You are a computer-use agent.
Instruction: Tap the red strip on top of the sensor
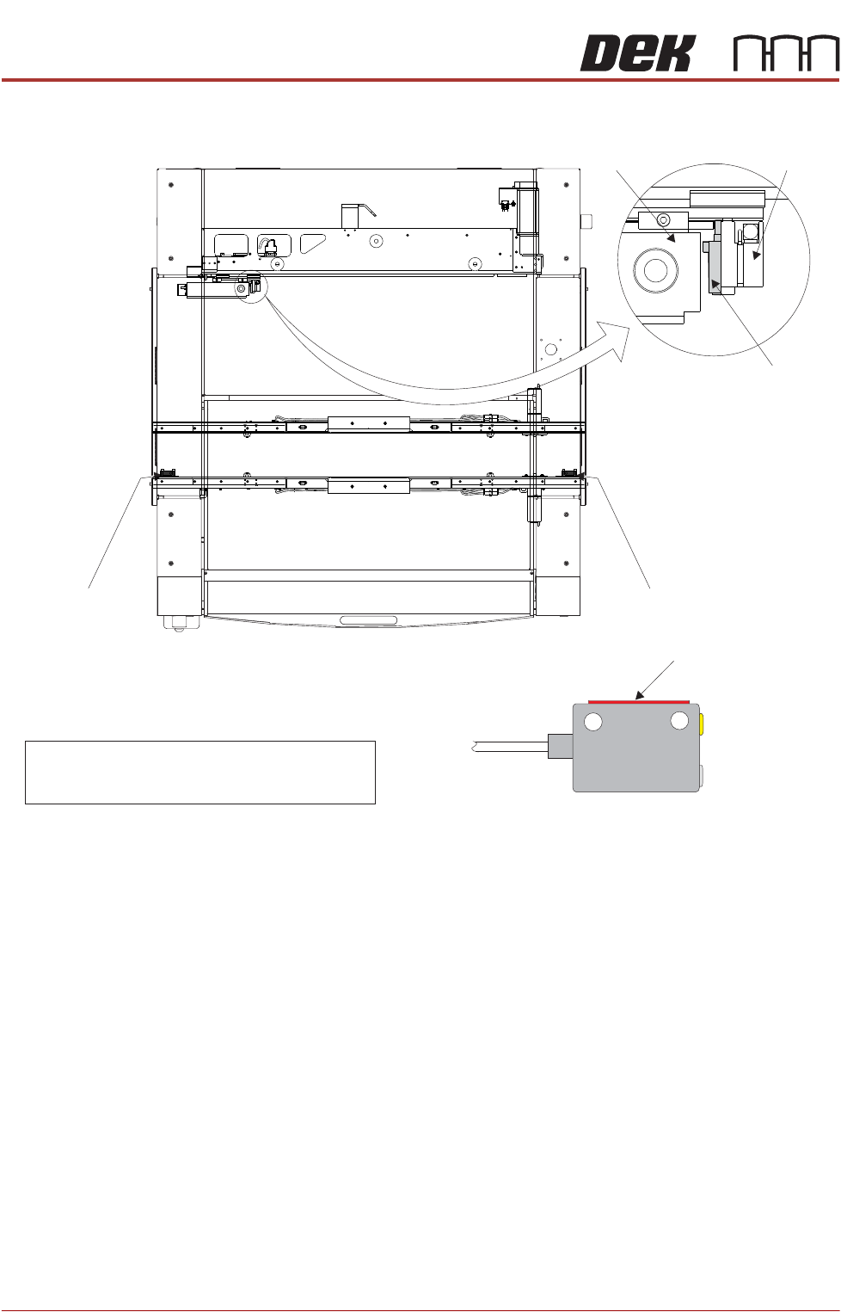tap(639, 701)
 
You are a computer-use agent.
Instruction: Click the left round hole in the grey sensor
tap(592, 722)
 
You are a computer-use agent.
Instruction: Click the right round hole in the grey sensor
tap(678, 720)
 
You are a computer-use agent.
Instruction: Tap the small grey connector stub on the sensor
tap(561, 747)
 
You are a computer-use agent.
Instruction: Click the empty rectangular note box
tap(200, 772)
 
